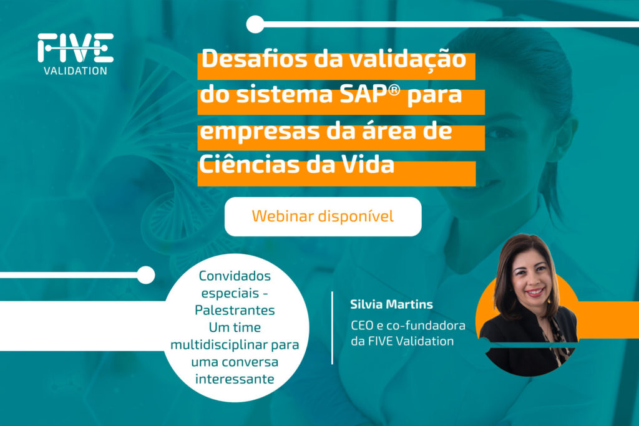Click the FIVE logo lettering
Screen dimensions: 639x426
coord(76,47)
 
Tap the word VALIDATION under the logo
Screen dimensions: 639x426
coord(76,71)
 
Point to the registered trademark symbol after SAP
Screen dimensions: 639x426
coord(394,90)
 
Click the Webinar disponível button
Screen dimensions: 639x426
coord(323,216)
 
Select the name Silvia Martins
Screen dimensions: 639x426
coord(391,304)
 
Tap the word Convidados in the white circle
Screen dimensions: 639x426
coord(235,276)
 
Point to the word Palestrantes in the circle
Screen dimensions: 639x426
coord(235,310)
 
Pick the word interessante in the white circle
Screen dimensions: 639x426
coord(235,379)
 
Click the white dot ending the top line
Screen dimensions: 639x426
coord(255,24)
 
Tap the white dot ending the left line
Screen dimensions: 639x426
coord(145,275)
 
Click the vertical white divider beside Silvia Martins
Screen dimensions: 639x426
coord(332,327)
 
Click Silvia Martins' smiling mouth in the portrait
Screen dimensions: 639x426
coord(535,293)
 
